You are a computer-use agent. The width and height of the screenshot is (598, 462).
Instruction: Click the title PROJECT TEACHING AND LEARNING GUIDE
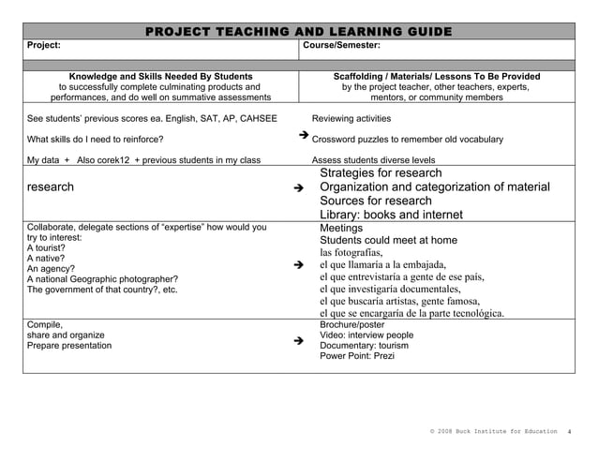point(298,33)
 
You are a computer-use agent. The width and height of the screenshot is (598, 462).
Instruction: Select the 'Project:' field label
point(44,45)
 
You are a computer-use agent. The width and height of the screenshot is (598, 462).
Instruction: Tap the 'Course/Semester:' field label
point(342,45)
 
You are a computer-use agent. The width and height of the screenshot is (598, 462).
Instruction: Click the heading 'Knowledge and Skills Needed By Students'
point(160,76)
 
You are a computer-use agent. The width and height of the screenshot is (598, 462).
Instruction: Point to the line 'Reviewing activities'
point(351,119)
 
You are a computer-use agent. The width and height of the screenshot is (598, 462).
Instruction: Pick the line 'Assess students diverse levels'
point(373,160)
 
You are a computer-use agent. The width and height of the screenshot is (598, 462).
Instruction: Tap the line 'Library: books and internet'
point(392,215)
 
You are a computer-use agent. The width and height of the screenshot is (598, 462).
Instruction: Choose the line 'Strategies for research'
point(381,173)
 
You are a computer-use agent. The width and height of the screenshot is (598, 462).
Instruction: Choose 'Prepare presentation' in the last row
point(68,345)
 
